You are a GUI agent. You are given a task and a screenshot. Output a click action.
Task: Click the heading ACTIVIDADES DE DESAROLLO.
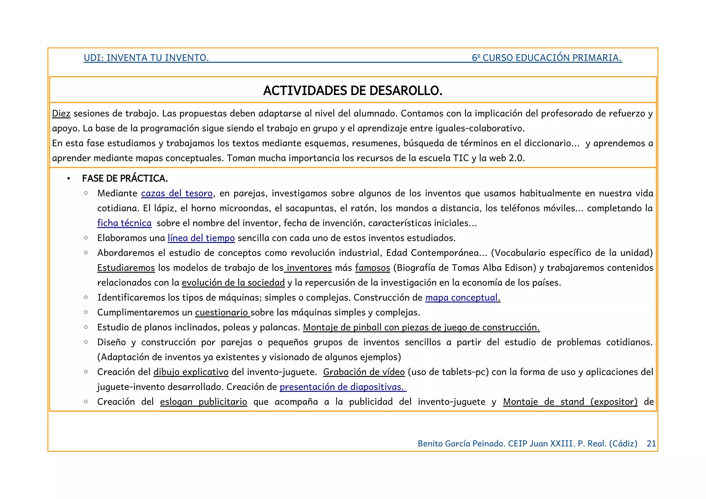[353, 91]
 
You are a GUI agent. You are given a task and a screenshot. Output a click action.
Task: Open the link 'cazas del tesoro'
[177, 193]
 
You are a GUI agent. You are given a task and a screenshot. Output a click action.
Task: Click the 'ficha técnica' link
[124, 223]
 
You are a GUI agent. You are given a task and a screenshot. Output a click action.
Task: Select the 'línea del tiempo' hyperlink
[201, 238]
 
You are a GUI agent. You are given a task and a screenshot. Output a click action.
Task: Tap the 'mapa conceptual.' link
[463, 298]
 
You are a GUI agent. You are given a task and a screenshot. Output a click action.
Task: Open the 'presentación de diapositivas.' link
[343, 387]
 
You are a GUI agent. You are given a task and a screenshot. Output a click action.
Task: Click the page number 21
[651, 443]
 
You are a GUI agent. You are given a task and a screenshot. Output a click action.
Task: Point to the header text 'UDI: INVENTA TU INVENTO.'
[146, 58]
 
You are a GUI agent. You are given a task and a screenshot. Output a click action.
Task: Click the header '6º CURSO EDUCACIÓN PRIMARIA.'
[547, 58]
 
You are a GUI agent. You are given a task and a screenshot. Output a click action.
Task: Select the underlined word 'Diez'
[61, 113]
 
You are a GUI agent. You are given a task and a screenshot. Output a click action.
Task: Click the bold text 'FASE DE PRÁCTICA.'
[125, 178]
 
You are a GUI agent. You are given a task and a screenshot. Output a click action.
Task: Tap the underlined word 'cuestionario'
[222, 312]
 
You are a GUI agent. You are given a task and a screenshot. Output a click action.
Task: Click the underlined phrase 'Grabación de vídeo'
[364, 372]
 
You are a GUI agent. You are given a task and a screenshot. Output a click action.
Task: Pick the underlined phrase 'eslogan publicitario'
[203, 402]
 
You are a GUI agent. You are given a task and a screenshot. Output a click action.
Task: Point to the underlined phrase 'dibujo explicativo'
[191, 372]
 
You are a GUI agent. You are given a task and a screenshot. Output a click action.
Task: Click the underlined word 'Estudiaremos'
[126, 268]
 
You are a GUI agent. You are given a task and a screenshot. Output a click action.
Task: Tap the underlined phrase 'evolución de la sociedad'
[233, 283]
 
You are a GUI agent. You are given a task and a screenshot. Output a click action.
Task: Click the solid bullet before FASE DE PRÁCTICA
[69, 179]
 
